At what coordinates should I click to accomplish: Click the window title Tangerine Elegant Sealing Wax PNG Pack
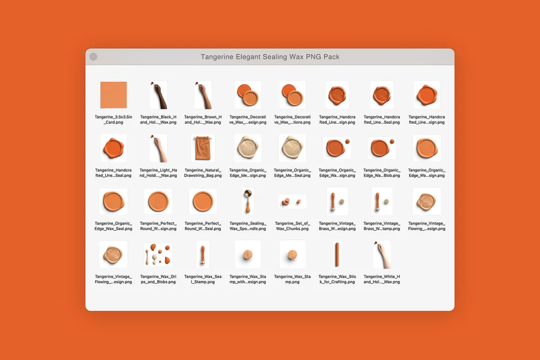click(270, 57)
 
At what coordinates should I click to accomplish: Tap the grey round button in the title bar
click(93, 57)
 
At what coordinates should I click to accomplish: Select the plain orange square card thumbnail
click(113, 94)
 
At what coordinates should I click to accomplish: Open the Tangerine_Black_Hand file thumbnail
click(158, 95)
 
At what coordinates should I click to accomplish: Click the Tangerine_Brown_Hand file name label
click(203, 120)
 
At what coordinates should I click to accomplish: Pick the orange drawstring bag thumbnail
click(203, 148)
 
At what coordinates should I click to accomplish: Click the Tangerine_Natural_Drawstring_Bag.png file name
click(203, 173)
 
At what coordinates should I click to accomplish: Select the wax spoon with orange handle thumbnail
click(248, 201)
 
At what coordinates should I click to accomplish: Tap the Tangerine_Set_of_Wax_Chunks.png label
click(292, 226)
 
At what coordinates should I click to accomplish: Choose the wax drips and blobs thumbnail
click(158, 255)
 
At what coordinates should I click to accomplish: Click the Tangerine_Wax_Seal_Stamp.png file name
click(203, 279)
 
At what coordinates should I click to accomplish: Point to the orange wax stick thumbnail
click(337, 255)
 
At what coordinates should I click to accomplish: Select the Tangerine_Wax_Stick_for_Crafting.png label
click(337, 279)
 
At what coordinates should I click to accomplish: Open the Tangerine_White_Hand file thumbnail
click(382, 255)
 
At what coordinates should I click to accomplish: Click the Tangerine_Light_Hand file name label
click(158, 173)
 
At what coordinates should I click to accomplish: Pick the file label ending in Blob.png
click(382, 173)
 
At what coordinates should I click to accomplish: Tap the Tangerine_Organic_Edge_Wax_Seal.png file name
click(113, 226)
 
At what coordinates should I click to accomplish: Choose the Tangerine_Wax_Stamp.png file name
click(292, 279)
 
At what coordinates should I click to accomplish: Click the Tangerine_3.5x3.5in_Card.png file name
click(113, 120)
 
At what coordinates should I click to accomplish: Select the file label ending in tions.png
click(292, 120)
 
